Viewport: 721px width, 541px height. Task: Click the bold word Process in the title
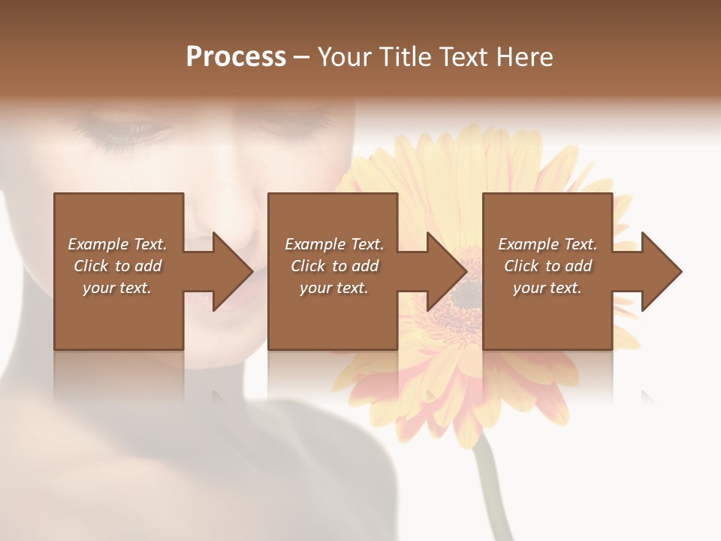point(236,57)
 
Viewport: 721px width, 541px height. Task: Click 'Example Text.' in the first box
point(117,244)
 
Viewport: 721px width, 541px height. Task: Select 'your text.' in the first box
point(117,288)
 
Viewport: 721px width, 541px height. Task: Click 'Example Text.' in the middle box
point(334,244)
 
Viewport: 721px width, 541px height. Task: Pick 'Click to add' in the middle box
point(334,266)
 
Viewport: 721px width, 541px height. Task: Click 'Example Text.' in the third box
point(548,244)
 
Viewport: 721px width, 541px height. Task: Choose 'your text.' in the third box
point(548,288)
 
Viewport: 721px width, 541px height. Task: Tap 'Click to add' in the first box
point(117,266)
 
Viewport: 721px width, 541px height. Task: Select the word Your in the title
point(345,57)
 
